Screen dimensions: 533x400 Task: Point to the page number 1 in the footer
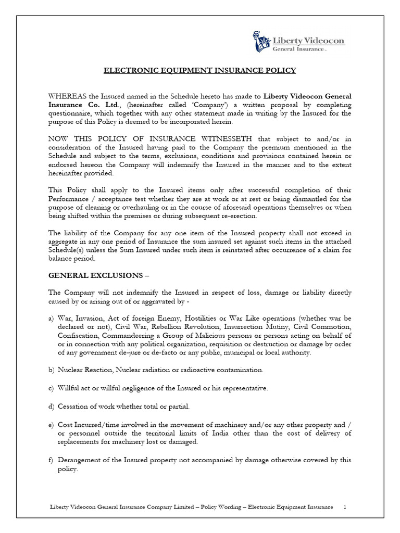click(x=344, y=506)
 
